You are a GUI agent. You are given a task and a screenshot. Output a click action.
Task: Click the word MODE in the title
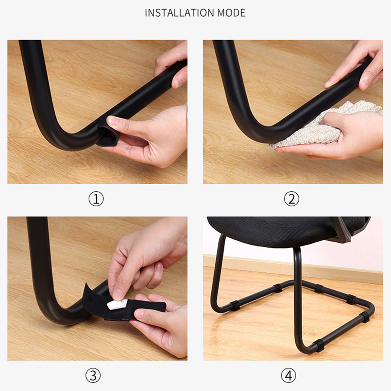[231, 13]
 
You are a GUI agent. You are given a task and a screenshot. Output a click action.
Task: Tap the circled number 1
[96, 199]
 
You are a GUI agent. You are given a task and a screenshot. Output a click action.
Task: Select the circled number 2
[291, 199]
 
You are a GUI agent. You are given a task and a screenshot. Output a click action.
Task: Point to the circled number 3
[93, 375]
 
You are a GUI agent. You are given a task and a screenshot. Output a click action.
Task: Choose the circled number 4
[289, 375]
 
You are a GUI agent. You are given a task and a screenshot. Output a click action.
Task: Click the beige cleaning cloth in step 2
[324, 125]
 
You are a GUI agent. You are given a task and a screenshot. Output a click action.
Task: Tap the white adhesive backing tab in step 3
[117, 304]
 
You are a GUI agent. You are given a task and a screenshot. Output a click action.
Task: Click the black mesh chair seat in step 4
[287, 231]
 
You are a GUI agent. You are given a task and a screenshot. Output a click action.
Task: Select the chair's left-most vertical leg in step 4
[217, 272]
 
